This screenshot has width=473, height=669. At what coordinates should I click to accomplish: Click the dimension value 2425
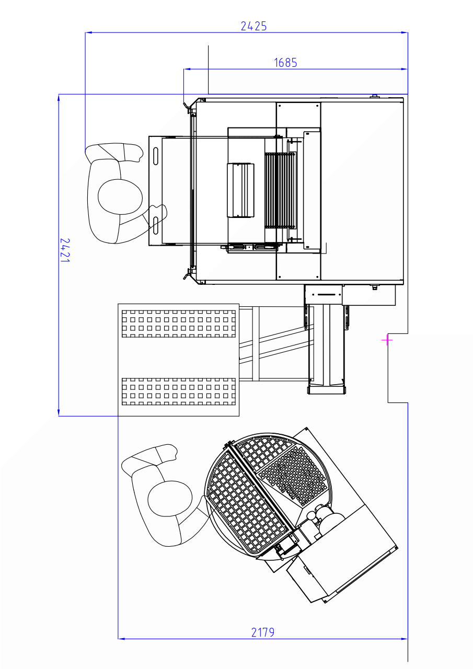tap(253, 26)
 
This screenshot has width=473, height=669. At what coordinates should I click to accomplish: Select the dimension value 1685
tap(285, 63)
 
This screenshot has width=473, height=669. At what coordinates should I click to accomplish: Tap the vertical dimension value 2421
tap(65, 250)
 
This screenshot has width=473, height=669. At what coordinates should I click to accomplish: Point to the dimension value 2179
tap(263, 632)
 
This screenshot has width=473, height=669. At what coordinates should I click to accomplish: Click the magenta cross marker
tap(387, 340)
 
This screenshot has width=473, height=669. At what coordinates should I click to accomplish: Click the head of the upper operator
tap(120, 197)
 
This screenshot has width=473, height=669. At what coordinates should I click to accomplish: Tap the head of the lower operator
tap(170, 498)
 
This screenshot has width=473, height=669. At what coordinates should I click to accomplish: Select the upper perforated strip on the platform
tap(179, 324)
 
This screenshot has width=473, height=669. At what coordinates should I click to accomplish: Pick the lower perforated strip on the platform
tap(179, 391)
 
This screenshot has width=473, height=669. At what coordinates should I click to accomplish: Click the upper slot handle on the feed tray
tap(156, 156)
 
